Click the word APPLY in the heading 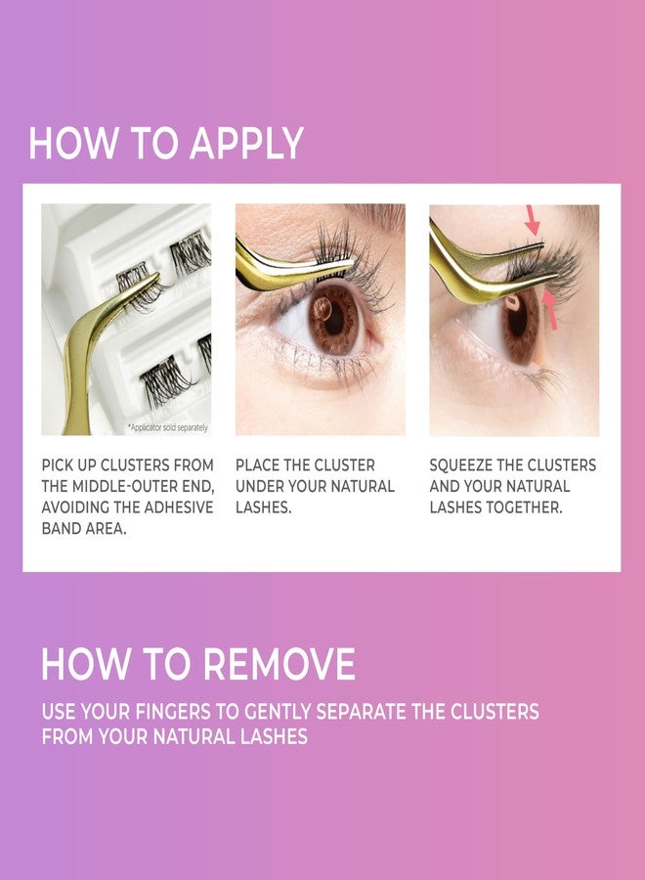(x=246, y=144)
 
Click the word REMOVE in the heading (x=277, y=665)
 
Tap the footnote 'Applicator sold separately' (x=167, y=428)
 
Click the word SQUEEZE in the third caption (x=463, y=465)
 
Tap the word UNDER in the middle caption (x=259, y=486)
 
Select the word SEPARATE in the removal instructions (x=356, y=712)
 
